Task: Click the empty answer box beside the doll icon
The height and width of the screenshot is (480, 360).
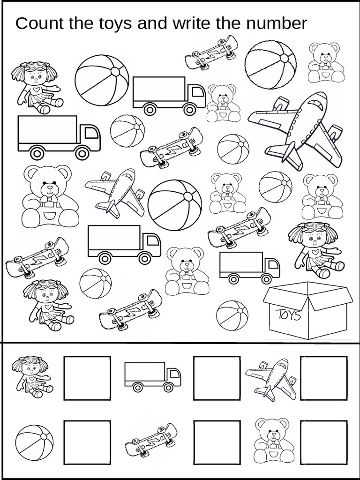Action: (x=87, y=378)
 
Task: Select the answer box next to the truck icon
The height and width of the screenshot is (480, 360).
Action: (x=217, y=378)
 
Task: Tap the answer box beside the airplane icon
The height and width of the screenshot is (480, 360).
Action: (x=324, y=378)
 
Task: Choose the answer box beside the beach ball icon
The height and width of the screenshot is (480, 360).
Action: (x=87, y=442)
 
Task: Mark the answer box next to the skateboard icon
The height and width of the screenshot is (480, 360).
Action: (x=217, y=442)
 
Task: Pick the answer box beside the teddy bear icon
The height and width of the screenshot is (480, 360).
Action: (x=324, y=442)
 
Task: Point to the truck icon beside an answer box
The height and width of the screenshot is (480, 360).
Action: (x=152, y=376)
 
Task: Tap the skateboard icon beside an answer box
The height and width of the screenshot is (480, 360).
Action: (x=151, y=441)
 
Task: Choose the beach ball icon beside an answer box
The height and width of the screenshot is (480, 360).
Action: (x=34, y=442)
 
